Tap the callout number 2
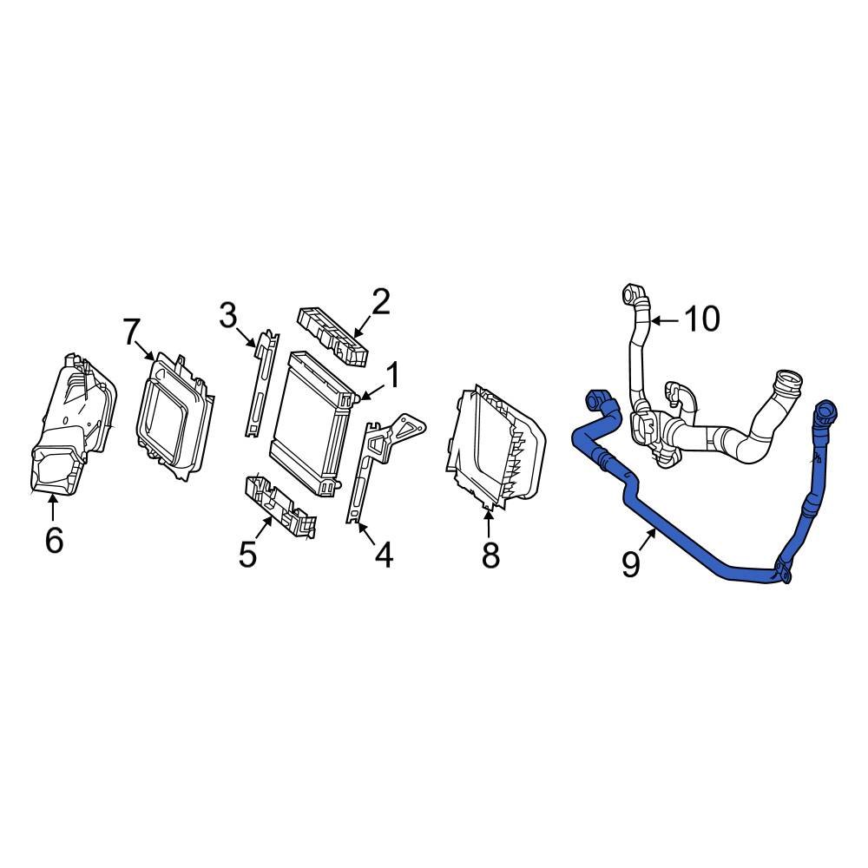click(380, 302)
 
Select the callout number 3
click(227, 316)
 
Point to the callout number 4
click(382, 555)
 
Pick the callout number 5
click(248, 554)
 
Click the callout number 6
click(54, 541)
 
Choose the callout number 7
click(130, 331)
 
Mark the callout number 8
click(490, 555)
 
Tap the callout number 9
click(631, 564)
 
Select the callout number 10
click(701, 319)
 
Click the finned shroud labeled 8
click(495, 447)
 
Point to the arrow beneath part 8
click(489, 524)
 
